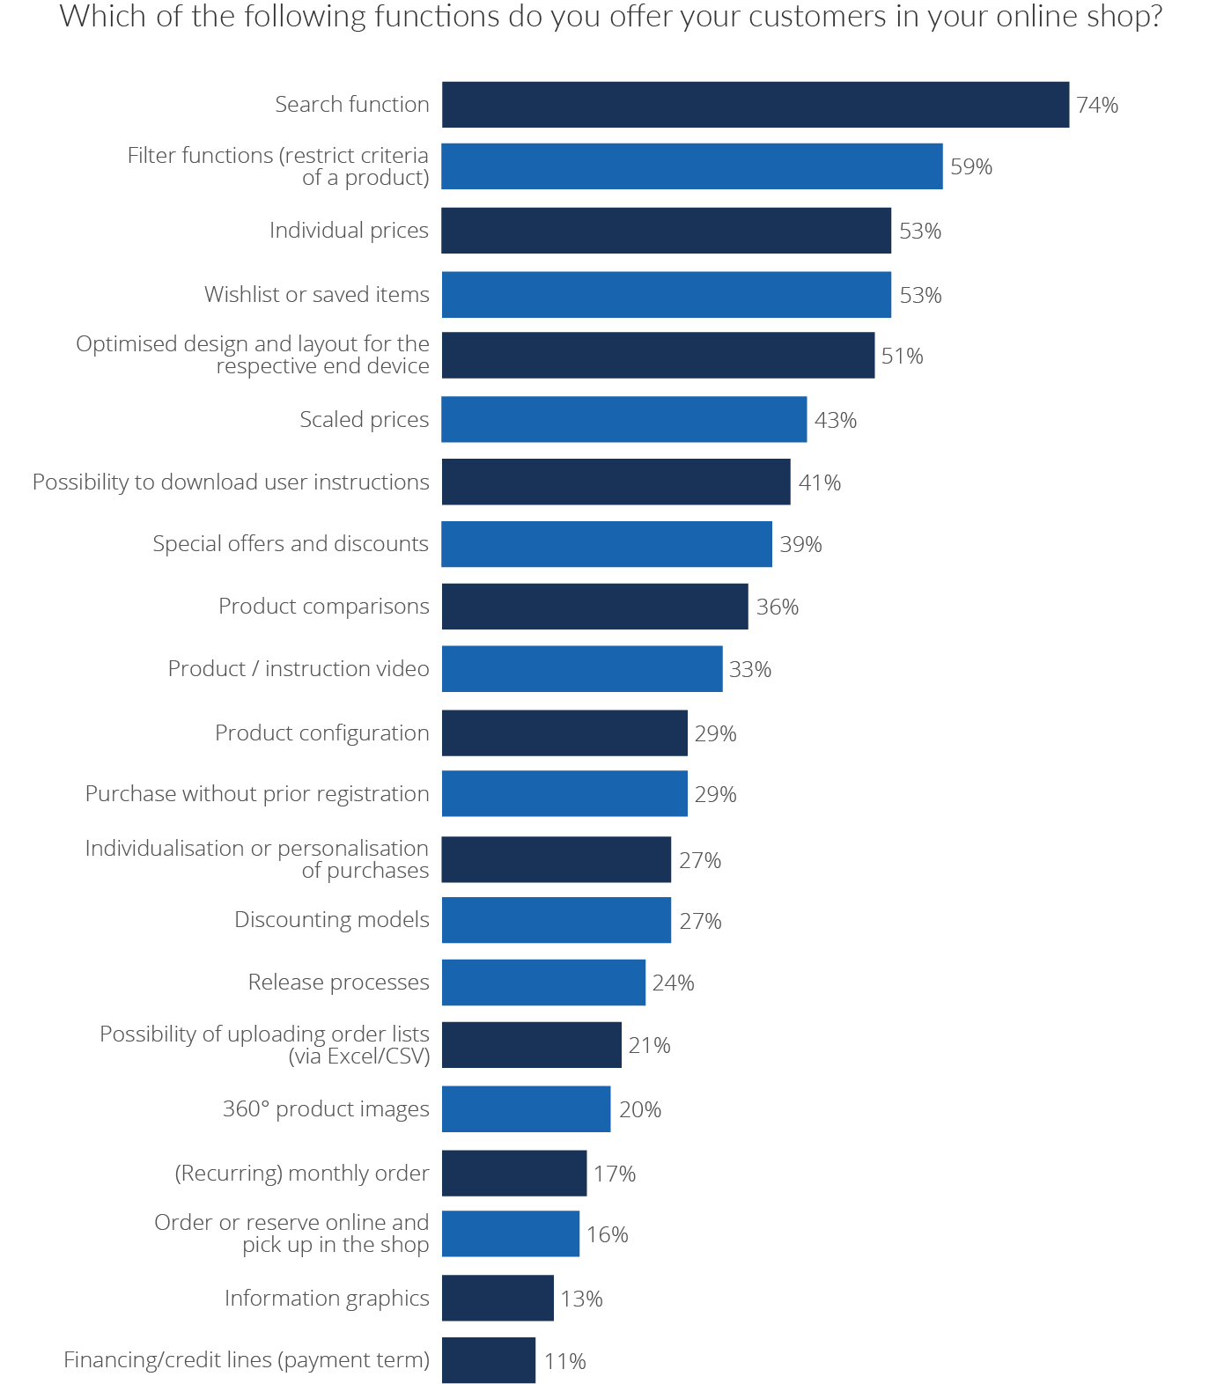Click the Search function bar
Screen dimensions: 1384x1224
tap(755, 105)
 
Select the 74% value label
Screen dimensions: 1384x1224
tap(1097, 106)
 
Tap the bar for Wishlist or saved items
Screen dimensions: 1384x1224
tap(666, 295)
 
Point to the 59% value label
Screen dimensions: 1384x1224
tap(971, 167)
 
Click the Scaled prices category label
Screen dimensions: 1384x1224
tap(364, 420)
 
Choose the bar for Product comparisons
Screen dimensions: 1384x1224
tap(594, 607)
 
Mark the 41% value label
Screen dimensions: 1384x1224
tap(819, 483)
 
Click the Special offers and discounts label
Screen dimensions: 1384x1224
tap(291, 544)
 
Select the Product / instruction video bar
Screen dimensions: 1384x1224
tap(581, 669)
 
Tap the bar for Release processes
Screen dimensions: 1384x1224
tap(543, 983)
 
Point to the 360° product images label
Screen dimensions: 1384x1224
tap(326, 1109)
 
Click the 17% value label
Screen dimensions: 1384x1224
tap(614, 1174)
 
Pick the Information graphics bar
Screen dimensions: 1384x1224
tap(498, 1299)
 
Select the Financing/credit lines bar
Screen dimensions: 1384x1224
tap(488, 1361)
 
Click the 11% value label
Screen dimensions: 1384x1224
tap(564, 1362)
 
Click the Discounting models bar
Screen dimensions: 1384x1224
tap(556, 921)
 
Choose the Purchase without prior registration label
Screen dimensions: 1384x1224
tap(257, 794)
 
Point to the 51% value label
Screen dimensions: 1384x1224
tap(902, 357)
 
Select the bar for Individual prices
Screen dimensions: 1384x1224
tap(666, 231)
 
